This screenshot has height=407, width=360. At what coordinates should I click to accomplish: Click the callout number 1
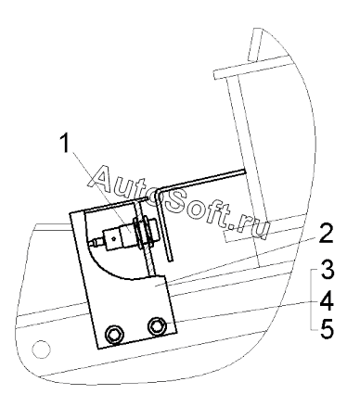pyautogui.click(x=65, y=143)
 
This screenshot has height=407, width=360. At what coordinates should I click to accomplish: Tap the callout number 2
pyautogui.click(x=326, y=234)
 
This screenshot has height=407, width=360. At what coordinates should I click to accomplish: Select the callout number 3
pyautogui.click(x=327, y=270)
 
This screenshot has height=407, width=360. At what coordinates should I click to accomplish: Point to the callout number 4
pyautogui.click(x=327, y=300)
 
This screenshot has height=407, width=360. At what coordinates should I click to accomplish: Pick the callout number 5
pyautogui.click(x=327, y=329)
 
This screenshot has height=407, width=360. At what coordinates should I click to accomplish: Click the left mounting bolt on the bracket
pyautogui.click(x=115, y=334)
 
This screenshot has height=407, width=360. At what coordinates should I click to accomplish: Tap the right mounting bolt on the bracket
pyautogui.click(x=157, y=326)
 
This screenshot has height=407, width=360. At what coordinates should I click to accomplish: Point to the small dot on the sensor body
pyautogui.click(x=114, y=238)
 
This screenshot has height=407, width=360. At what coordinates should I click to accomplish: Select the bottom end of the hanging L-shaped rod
pyautogui.click(x=171, y=261)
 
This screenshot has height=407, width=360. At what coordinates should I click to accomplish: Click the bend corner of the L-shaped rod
pyautogui.click(x=159, y=191)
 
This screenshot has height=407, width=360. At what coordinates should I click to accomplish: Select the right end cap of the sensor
pyautogui.click(x=153, y=230)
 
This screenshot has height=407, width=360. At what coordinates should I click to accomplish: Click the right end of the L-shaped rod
pyautogui.click(x=244, y=170)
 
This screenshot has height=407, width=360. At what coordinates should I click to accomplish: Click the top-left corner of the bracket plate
pyautogui.click(x=70, y=213)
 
